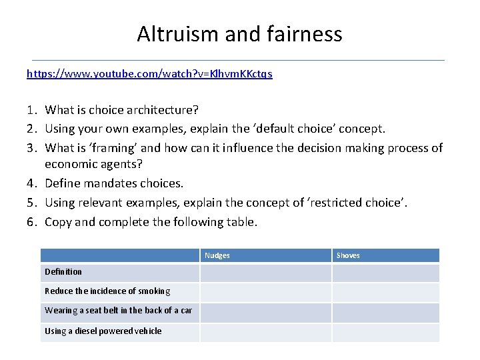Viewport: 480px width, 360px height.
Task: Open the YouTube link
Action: (149, 74)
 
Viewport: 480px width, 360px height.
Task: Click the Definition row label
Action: (63, 272)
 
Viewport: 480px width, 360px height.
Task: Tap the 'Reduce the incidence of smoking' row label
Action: (107, 291)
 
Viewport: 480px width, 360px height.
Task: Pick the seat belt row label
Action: (118, 311)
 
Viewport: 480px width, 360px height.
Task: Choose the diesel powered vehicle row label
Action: (103, 331)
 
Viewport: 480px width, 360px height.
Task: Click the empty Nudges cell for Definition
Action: (265, 273)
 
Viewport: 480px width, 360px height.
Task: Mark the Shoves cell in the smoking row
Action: (386, 292)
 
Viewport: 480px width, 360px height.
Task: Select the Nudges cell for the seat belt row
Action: (265, 312)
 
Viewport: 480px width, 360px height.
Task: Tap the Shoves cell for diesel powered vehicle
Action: (386, 332)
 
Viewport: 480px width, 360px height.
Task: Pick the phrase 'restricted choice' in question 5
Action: (357, 201)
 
